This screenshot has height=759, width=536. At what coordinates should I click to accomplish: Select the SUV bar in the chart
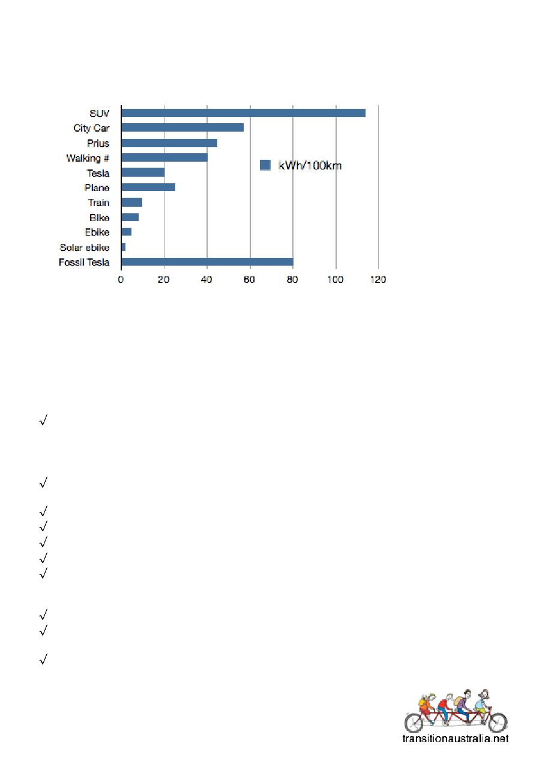[243, 113]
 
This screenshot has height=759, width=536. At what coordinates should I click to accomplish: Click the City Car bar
[182, 127]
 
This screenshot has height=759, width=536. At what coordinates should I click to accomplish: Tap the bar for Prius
[169, 143]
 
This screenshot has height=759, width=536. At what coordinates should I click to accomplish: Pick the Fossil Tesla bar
[207, 261]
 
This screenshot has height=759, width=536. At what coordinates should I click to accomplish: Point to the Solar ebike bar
[124, 247]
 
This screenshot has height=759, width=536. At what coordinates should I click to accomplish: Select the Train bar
[132, 203]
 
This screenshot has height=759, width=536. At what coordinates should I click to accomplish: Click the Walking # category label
[88, 158]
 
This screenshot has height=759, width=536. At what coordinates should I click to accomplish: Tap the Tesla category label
[98, 173]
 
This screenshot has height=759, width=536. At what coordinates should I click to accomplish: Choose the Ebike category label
[97, 232]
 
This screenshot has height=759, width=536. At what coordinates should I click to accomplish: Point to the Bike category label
[99, 218]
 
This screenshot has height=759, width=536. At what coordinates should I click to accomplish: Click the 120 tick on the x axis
[378, 279]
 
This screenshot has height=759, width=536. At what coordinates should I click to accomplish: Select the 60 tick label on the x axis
[250, 279]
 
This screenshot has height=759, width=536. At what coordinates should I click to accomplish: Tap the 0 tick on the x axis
[121, 279]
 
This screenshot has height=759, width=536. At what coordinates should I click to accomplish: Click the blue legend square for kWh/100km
[265, 165]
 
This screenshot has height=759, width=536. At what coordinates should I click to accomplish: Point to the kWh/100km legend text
[310, 165]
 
